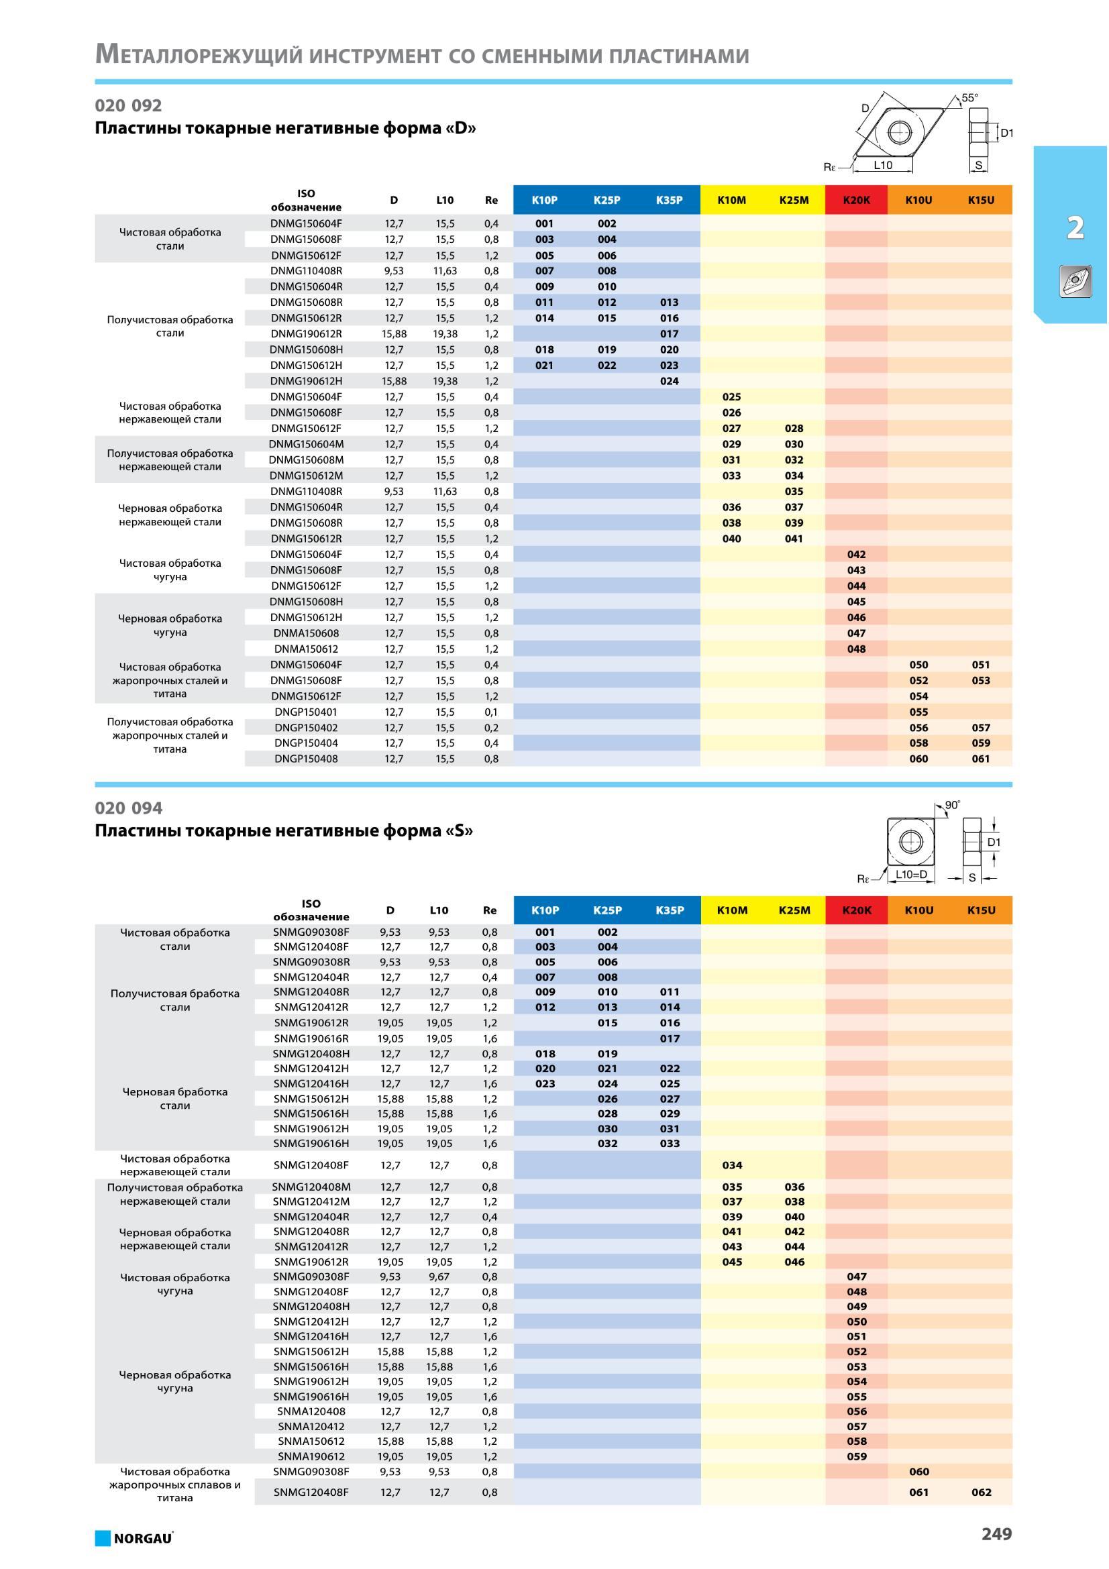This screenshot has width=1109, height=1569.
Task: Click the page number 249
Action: (996, 1534)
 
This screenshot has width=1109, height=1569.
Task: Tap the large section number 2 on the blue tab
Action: (1075, 227)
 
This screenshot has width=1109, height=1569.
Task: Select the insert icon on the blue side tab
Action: (1075, 282)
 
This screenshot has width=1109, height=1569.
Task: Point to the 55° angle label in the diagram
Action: (969, 98)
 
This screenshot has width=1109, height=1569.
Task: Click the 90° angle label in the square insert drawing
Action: (953, 806)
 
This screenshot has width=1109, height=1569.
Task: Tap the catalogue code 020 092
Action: (128, 105)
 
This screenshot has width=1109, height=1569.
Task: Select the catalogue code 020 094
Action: (128, 808)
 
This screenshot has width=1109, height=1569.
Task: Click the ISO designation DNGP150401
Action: (306, 712)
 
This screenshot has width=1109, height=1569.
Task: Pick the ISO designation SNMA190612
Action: (311, 1456)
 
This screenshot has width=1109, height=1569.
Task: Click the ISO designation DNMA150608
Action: (306, 633)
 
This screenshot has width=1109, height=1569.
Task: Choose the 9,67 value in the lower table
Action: (439, 1277)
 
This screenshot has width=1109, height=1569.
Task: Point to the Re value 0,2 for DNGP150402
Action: (491, 728)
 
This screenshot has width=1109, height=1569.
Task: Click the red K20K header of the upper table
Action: (856, 200)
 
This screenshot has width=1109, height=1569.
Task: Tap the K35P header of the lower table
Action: (670, 910)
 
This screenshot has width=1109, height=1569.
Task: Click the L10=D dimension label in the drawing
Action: (912, 875)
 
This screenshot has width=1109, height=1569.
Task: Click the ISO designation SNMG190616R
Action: (311, 1038)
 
